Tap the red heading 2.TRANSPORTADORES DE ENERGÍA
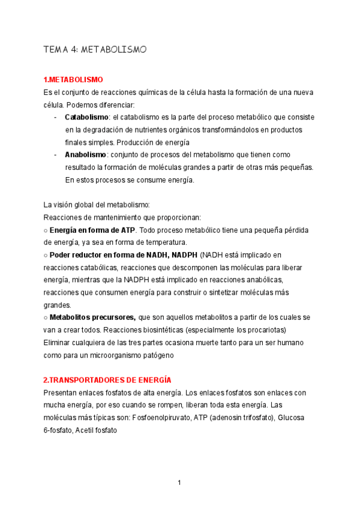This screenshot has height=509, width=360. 107,380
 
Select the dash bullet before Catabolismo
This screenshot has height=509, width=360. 56,117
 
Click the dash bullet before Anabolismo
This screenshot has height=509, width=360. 56,154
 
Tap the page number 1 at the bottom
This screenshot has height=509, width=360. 179,482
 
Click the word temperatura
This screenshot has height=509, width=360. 163,242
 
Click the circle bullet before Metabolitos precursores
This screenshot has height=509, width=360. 46,317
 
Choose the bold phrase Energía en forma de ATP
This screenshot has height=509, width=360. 92,230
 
